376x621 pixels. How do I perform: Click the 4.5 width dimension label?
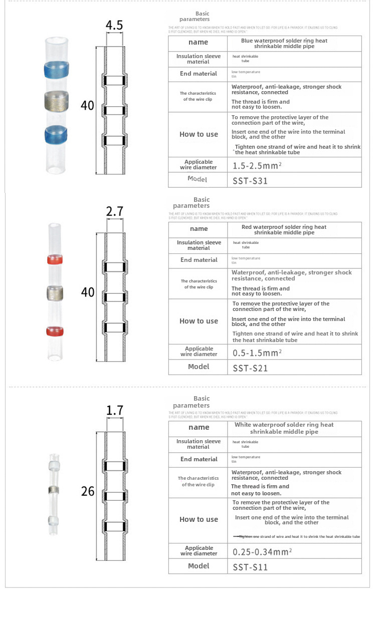coord(114,26)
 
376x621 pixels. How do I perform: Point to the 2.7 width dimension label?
coord(115,211)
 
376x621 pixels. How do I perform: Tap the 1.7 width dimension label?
coord(115,411)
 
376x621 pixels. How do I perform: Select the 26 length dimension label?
coord(88,491)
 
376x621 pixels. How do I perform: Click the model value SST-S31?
coord(250,181)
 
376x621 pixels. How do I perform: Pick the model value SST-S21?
coord(250,368)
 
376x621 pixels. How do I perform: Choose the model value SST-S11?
coord(250,567)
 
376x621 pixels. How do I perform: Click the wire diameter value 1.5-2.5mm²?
coord(256,165)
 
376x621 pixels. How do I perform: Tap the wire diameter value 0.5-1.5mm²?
coord(257,353)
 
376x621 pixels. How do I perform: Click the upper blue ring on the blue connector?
coord(56,69)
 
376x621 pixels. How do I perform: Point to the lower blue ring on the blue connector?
coord(56,134)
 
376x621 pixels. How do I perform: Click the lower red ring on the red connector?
coord(55,331)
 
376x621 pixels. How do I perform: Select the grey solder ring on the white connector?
coord(53,489)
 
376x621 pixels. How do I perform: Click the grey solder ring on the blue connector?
coord(56,101)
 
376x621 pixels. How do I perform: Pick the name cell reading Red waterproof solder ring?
coord(284,230)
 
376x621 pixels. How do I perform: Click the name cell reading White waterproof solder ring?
coord(284,428)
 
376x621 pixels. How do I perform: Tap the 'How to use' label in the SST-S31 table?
coord(199,134)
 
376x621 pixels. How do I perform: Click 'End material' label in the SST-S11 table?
coord(199,459)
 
